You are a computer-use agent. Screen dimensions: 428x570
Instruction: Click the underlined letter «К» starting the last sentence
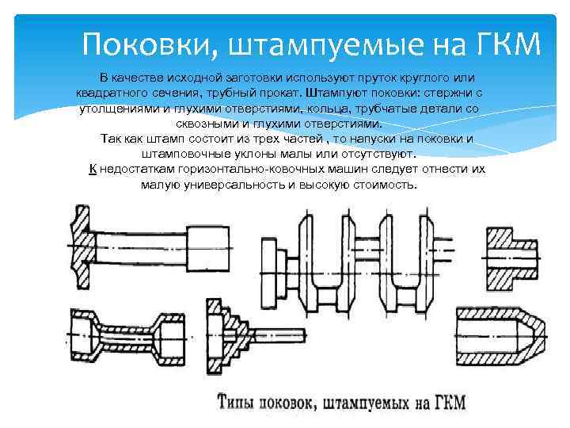93,170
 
